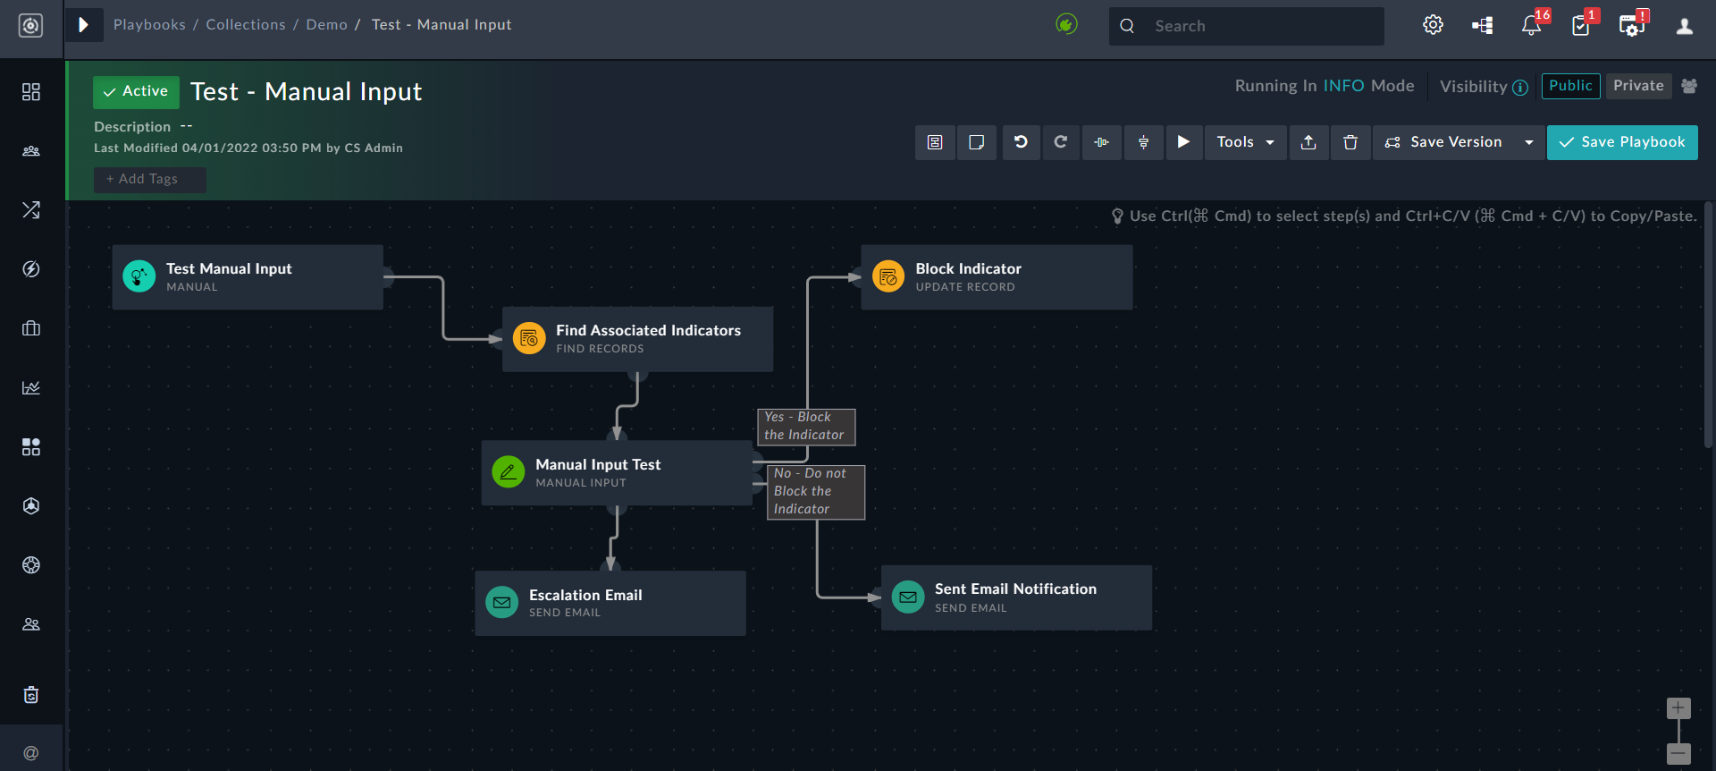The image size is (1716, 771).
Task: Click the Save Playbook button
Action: pos(1621,142)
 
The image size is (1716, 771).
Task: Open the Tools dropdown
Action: pos(1245,142)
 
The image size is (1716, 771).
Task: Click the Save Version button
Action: pos(1443,142)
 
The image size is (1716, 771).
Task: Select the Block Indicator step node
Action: pos(996,277)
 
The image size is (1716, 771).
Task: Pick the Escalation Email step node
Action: pos(610,603)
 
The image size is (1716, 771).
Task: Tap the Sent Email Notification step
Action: pos(1015,597)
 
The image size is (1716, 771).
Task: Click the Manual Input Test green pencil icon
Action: pos(508,472)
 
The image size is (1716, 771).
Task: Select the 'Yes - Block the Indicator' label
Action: pos(805,427)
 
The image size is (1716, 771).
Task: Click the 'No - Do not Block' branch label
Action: pos(815,492)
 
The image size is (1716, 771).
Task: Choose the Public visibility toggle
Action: pos(1570,86)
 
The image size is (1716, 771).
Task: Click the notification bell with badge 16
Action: pos(1531,26)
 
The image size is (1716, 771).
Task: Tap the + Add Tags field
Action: pos(149,180)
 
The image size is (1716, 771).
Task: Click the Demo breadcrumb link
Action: pos(326,25)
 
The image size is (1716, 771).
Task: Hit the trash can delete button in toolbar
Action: pos(1350,142)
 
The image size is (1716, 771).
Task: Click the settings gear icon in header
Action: pos(1433,25)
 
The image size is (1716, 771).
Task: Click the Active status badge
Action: pos(136,92)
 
